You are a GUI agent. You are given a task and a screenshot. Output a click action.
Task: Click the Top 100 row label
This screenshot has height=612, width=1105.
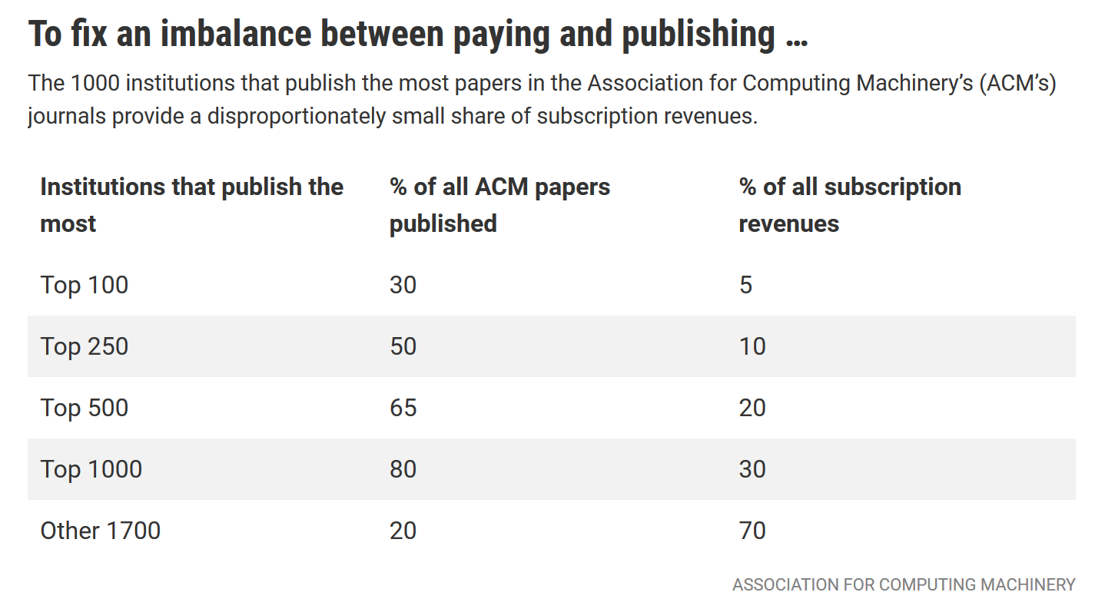tap(85, 285)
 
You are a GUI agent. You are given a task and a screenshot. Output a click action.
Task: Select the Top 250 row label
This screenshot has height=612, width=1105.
tap(85, 346)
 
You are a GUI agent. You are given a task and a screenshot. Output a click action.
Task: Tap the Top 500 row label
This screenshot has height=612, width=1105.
tap(85, 408)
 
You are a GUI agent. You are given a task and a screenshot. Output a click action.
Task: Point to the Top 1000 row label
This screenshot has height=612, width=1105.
tap(91, 469)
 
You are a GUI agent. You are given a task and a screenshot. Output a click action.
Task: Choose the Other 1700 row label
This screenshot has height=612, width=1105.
tap(101, 531)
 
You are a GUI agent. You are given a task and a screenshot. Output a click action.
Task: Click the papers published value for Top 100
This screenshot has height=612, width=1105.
tap(403, 285)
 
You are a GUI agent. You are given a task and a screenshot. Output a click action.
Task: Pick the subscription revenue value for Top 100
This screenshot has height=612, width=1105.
tap(745, 285)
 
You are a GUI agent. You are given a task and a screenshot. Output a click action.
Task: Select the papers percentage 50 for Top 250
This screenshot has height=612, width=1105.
tap(403, 346)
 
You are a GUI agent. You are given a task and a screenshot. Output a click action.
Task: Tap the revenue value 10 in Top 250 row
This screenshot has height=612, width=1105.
tap(752, 346)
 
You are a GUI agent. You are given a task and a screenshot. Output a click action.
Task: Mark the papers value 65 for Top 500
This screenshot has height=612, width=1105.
tap(403, 408)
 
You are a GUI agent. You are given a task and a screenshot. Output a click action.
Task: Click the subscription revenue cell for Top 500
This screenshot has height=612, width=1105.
tap(752, 408)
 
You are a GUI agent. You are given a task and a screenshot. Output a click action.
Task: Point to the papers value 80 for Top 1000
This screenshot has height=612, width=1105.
tap(403, 469)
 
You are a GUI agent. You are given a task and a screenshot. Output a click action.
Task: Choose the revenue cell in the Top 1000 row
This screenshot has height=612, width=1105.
tap(752, 469)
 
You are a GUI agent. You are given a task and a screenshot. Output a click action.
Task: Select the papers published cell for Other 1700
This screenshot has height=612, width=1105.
tap(403, 531)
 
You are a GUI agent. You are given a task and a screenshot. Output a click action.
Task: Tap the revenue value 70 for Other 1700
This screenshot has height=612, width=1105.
tap(752, 531)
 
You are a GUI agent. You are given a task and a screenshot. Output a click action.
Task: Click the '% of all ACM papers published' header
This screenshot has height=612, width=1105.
tap(499, 205)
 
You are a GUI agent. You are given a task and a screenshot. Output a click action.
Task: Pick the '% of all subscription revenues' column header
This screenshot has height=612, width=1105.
tap(850, 205)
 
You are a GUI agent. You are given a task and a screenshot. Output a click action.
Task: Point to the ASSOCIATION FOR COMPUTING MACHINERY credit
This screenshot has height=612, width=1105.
tap(904, 585)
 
